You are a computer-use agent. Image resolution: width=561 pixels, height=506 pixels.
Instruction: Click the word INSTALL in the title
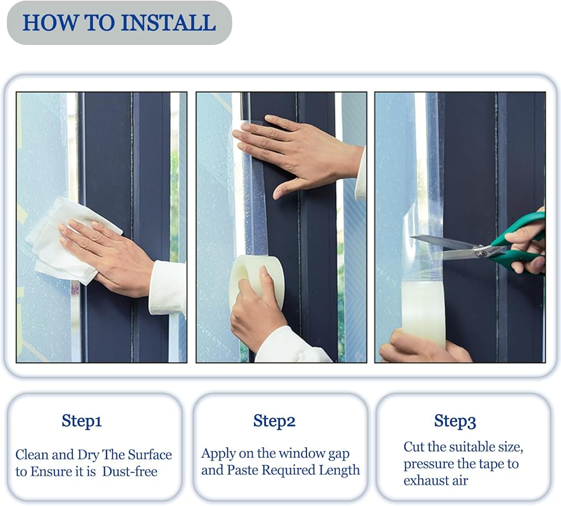pyautogui.click(x=168, y=22)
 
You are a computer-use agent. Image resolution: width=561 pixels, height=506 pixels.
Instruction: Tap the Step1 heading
pyautogui.click(x=81, y=421)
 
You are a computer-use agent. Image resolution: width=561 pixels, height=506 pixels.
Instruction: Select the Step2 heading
pyautogui.click(x=274, y=421)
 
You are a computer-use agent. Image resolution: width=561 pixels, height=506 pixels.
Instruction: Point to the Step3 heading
pyautogui.click(x=455, y=421)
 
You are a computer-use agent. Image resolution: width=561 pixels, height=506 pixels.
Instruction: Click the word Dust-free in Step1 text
pyautogui.click(x=130, y=471)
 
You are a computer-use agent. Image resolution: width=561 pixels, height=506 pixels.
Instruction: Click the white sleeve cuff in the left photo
pyautogui.click(x=167, y=288)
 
